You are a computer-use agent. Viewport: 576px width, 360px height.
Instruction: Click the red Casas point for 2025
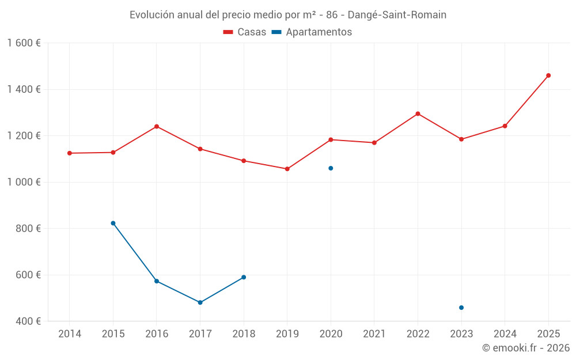[x=548, y=75]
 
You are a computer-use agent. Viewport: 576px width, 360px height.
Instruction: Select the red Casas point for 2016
[x=157, y=127]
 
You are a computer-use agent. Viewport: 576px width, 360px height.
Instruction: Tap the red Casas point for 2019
[x=287, y=169]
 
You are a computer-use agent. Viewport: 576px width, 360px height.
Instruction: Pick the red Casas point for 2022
[x=418, y=113]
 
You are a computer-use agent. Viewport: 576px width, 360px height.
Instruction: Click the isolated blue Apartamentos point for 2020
[x=331, y=168]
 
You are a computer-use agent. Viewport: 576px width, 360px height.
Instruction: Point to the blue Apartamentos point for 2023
[x=461, y=308]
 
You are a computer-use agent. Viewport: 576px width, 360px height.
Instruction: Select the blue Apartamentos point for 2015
[x=113, y=223]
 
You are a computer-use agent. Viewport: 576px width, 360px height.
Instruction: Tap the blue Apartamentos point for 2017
[x=200, y=302]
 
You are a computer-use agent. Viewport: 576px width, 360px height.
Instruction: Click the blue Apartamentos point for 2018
[x=244, y=277]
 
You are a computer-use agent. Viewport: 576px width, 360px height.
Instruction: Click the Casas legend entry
[x=245, y=32]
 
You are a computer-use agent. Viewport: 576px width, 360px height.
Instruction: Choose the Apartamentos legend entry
[x=312, y=32]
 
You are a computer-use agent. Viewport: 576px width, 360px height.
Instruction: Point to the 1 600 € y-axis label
[x=24, y=43]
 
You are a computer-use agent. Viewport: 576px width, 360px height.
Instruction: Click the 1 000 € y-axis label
[x=24, y=182]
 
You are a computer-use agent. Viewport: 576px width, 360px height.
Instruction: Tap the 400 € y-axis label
[x=27, y=321]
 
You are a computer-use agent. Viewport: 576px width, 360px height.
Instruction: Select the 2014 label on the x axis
[x=70, y=334]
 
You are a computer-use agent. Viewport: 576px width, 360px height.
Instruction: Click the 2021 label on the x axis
[x=374, y=334]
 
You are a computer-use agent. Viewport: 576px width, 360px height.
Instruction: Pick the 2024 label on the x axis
[x=505, y=334]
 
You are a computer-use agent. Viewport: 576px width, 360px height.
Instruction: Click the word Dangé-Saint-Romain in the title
[x=397, y=15]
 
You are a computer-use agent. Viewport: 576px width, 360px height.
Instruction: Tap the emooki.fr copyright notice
[x=525, y=348]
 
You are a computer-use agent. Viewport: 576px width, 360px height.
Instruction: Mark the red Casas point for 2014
[x=70, y=153]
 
